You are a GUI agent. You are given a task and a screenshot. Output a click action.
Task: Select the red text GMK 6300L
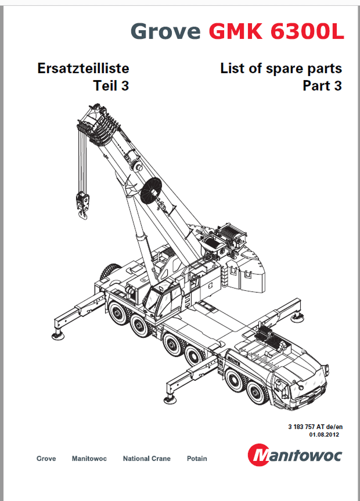tap(276, 30)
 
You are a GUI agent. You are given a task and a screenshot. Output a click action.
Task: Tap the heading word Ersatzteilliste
tap(83, 69)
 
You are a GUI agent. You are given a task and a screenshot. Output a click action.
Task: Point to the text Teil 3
tap(111, 86)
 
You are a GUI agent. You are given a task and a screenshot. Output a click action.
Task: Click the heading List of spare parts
tap(281, 69)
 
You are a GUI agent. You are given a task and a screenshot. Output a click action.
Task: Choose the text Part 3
tap(322, 86)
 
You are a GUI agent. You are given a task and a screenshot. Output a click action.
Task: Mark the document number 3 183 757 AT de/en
tap(314, 427)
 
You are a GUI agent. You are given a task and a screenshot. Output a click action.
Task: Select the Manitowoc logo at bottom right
tap(295, 455)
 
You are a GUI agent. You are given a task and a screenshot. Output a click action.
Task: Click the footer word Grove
tap(46, 459)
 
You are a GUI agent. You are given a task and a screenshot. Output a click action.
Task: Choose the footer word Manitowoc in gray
tap(89, 459)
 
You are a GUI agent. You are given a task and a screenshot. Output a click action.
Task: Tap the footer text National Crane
tap(147, 459)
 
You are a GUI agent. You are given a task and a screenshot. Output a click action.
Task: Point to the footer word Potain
tap(197, 459)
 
